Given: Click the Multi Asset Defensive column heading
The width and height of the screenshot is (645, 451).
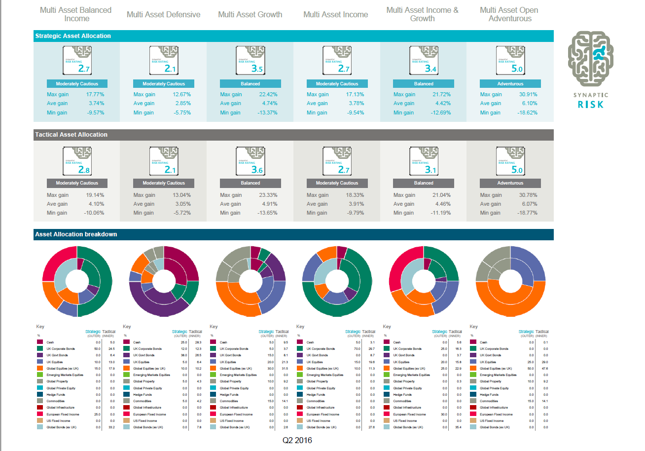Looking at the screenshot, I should point(163,14).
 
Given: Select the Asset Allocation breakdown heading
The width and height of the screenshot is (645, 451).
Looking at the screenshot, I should point(76,234).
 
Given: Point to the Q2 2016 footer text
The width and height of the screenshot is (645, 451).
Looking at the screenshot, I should point(297,440).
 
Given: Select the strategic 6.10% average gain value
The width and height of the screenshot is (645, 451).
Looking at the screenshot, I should point(529,103).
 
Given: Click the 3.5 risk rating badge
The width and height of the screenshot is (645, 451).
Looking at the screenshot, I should point(250,60).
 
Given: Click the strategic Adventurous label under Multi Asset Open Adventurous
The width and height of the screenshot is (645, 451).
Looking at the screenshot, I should point(510,84).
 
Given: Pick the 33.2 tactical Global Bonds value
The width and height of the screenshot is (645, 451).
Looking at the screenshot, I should point(111,427).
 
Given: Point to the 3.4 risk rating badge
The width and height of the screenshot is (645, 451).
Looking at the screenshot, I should point(423,60).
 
